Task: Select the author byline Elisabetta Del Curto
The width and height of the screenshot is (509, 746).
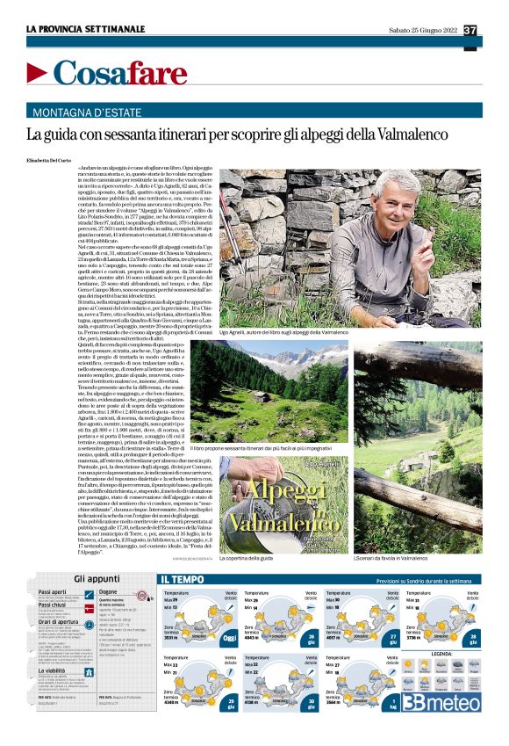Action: (x=52, y=158)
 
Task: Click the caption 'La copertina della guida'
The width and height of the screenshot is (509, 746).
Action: (x=250, y=559)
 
